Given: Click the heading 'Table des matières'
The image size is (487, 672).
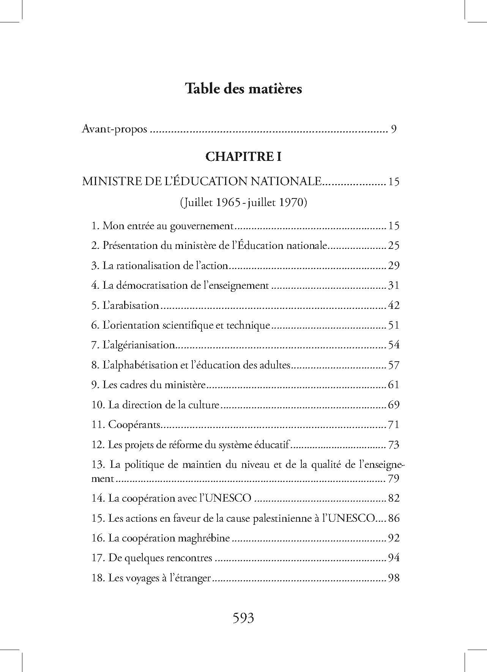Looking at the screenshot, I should tap(243, 89).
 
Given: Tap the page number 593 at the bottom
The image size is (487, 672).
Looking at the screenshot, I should tap(243, 618).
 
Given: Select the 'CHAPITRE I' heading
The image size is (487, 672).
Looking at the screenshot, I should tap(243, 157).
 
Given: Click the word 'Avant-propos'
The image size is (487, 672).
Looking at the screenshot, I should tap(115, 129).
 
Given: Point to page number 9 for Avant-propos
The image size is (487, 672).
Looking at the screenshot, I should tap(394, 129).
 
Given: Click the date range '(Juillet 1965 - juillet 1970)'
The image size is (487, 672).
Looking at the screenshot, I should tap(243, 203).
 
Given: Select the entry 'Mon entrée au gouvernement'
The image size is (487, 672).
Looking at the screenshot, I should tap(167, 226).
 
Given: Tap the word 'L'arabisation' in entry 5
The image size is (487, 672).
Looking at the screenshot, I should tap(131, 305).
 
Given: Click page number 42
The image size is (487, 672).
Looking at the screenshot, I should tap(394, 305).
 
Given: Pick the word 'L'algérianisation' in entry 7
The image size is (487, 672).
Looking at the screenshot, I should tap(139, 345).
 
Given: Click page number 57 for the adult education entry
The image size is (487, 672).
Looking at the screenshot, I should tap(394, 365).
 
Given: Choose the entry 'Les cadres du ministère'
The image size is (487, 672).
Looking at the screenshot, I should tap(154, 385).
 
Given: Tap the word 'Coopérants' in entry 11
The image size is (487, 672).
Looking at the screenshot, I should tap(134, 425).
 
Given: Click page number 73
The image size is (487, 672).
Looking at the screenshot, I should tap(394, 444).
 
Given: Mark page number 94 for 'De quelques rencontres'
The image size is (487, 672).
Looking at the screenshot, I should tap(394, 558).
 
